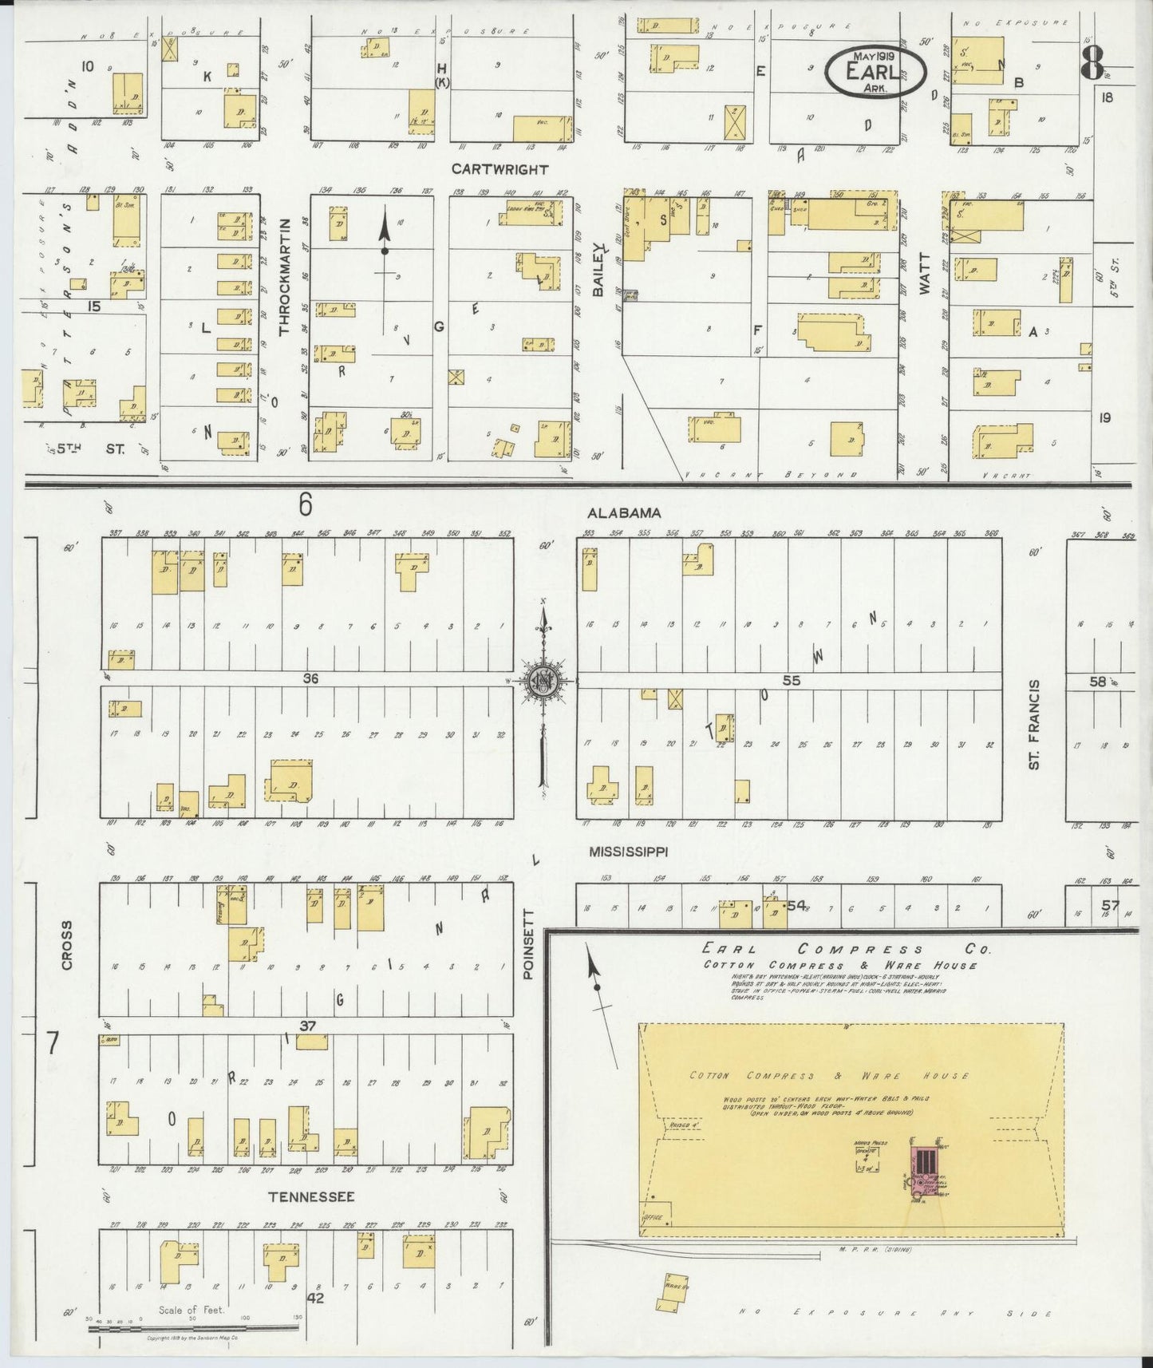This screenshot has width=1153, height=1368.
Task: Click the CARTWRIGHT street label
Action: coord(500,169)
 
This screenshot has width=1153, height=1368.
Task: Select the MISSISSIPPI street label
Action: coord(628,852)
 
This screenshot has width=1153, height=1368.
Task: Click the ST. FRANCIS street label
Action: coord(1034,724)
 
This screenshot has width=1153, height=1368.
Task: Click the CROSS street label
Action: coord(67,946)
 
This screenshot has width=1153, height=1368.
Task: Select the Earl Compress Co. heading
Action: coord(845,950)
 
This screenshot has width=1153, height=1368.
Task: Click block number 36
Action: coord(310,678)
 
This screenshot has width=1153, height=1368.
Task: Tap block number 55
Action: coord(791,681)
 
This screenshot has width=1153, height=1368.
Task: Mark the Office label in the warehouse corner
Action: coord(652,1218)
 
